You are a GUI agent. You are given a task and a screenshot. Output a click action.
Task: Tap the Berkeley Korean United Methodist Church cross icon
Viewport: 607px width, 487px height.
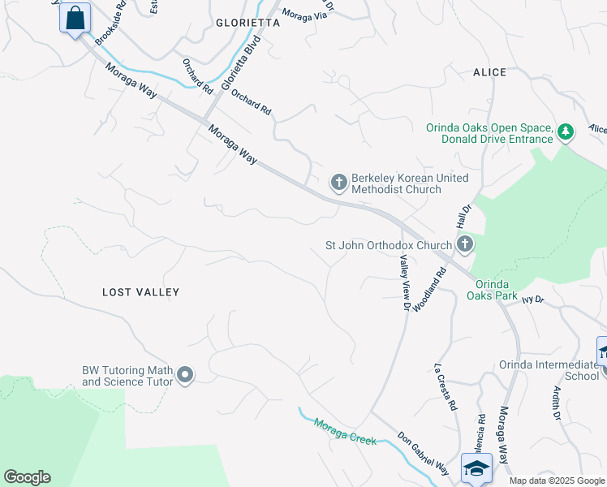pos(338,183)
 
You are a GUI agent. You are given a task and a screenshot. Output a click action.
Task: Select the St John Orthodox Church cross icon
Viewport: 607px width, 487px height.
pos(464,243)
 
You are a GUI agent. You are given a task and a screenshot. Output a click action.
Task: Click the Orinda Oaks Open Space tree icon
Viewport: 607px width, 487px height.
pos(566,131)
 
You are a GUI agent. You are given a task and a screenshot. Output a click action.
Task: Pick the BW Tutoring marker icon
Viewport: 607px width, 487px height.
pos(185,375)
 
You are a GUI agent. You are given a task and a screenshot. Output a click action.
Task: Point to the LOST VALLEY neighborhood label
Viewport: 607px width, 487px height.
pos(140,292)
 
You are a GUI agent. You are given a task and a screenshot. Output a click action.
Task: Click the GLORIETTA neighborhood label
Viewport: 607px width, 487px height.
pos(248,24)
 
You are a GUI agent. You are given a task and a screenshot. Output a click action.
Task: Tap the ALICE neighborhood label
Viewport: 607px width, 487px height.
pos(489,72)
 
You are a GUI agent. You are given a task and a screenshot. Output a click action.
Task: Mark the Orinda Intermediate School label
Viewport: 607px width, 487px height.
pos(549,370)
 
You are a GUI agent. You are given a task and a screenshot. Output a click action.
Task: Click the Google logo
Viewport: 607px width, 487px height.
pos(27,477)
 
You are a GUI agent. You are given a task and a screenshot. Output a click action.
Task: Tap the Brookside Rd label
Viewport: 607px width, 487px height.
pos(110,23)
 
